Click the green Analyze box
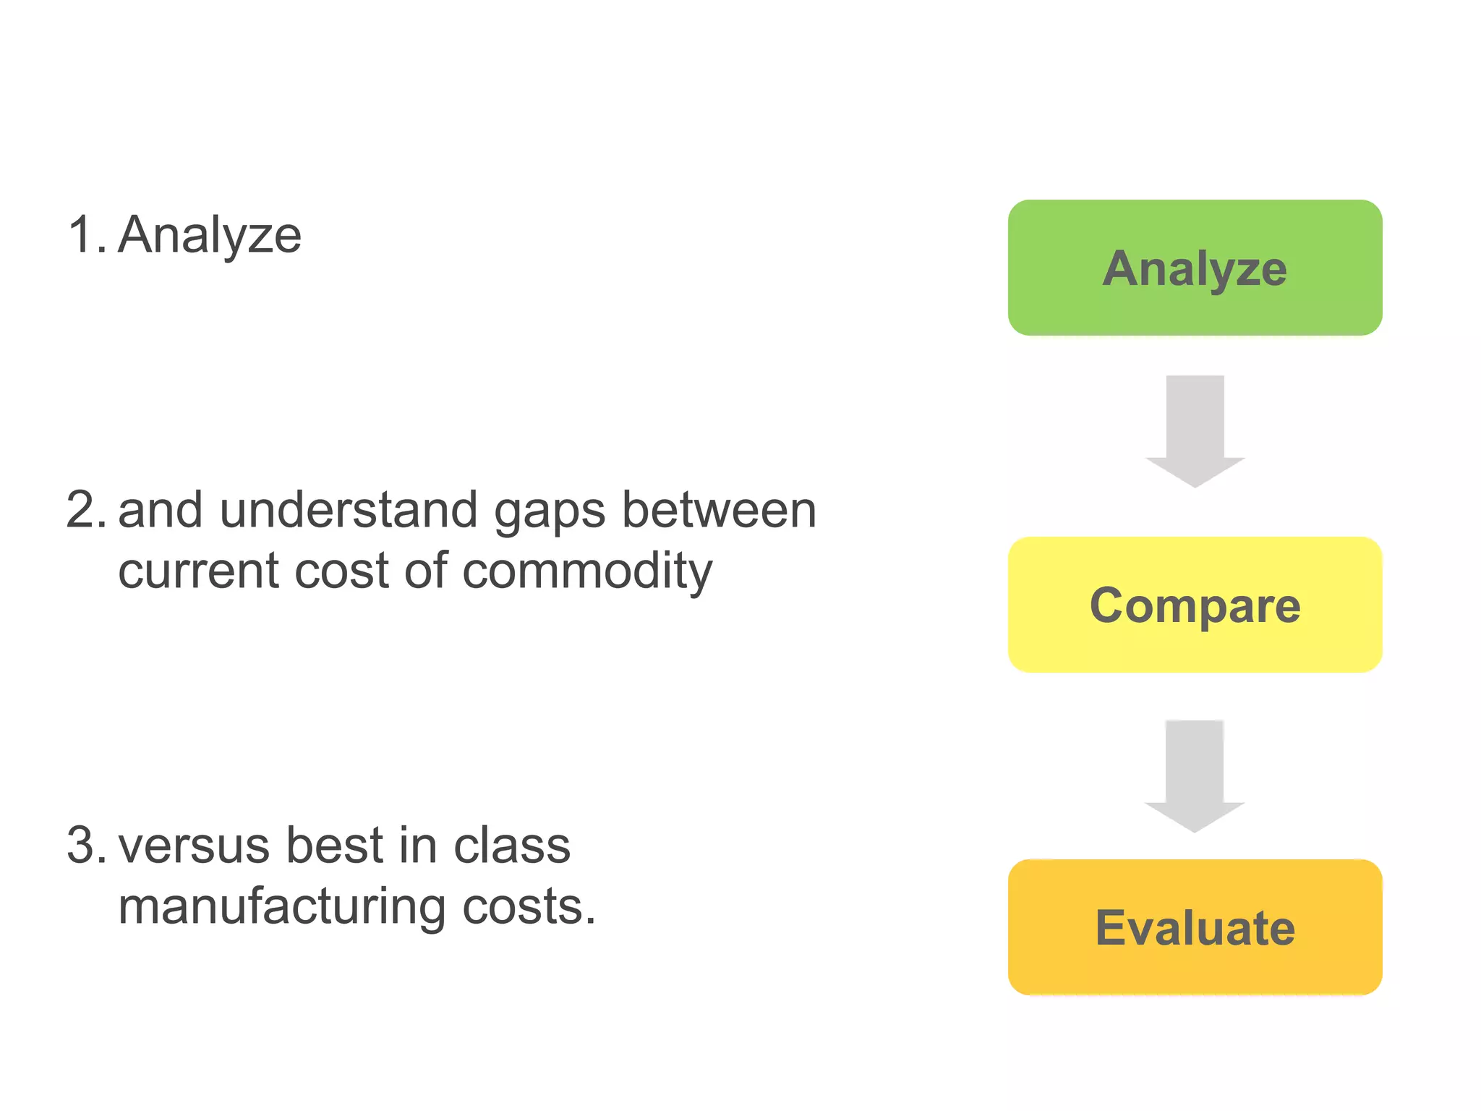1195,268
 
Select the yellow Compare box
1195,605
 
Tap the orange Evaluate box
1195,927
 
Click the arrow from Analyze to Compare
1195,431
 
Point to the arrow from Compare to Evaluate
1195,775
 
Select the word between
719,510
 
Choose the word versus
195,846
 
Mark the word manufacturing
282,907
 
